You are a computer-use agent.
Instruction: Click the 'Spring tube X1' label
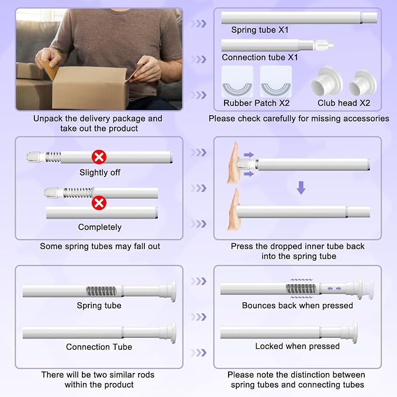coord(260,30)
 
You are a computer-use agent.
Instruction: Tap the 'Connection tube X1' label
coord(260,57)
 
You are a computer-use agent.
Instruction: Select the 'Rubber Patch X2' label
coord(256,103)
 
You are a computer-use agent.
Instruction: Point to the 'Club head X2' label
coord(344,103)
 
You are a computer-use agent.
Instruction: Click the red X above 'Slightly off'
coord(99,157)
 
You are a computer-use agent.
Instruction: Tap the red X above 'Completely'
coord(99,203)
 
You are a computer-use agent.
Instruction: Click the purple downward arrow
coord(301,188)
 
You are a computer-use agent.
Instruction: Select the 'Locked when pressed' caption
coord(297,346)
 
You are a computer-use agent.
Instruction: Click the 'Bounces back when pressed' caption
coord(297,306)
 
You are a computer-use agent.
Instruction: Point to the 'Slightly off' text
coord(100,172)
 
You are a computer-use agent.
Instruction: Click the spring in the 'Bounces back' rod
coord(301,288)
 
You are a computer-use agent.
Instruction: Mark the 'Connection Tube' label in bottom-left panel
coord(99,347)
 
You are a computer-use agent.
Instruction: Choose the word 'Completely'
coord(100,227)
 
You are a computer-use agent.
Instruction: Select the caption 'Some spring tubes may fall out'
coord(100,246)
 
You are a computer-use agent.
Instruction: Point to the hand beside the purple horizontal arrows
coord(234,163)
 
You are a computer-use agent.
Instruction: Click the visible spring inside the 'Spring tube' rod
coord(101,291)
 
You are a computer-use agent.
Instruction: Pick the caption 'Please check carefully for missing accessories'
coord(299,119)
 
